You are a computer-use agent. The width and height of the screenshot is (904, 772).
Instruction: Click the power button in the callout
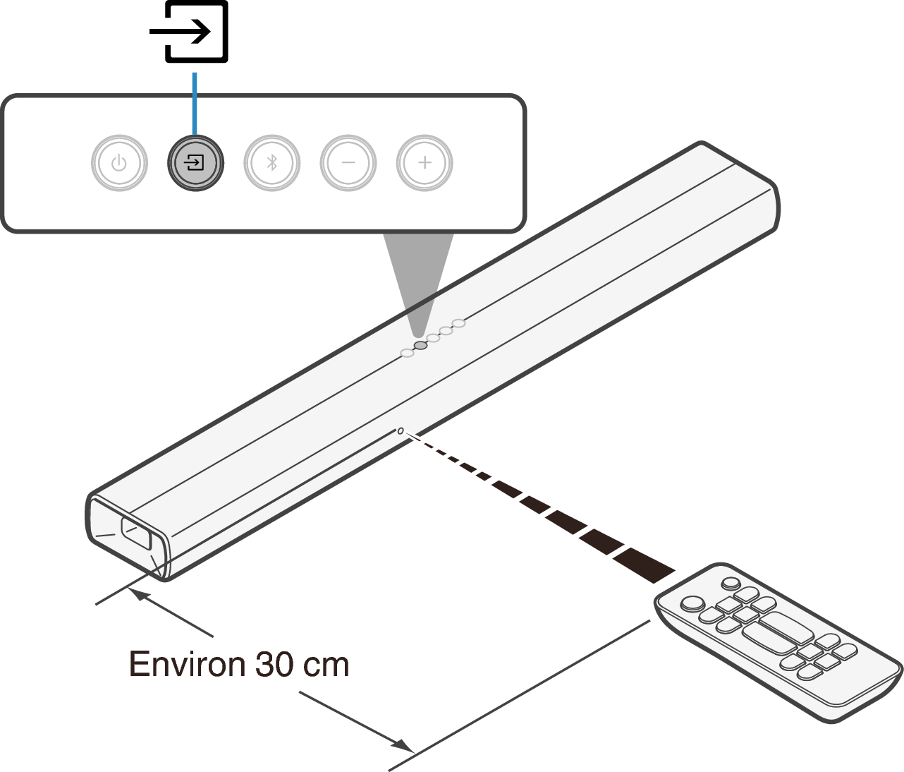119,163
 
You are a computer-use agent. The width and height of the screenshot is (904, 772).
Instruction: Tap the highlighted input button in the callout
195,163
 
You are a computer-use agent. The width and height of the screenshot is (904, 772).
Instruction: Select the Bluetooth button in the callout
272,163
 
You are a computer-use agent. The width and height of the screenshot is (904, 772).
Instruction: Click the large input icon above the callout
189,32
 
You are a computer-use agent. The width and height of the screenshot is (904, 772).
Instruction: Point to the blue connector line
195,103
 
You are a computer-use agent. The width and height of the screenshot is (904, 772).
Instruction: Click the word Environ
187,664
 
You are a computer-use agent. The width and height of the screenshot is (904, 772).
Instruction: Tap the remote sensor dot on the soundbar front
401,431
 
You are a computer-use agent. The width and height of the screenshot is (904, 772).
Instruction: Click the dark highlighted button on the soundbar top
420,345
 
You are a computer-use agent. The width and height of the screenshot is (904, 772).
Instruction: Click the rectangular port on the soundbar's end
136,533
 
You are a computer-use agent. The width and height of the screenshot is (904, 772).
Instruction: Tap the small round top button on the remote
731,584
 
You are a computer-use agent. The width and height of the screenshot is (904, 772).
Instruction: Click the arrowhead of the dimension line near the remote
403,745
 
